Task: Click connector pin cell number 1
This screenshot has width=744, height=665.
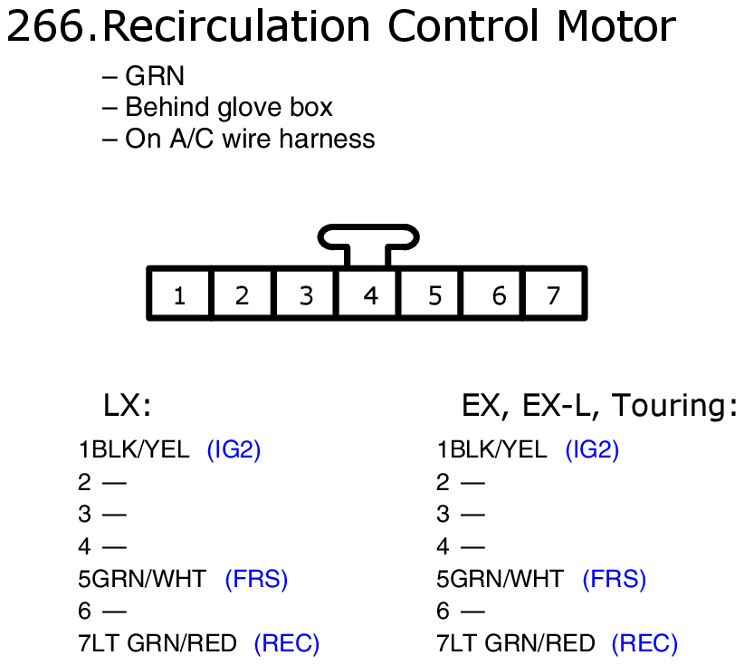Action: click(179, 294)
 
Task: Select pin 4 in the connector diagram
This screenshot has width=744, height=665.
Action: click(369, 294)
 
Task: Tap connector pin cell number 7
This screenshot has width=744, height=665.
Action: click(554, 294)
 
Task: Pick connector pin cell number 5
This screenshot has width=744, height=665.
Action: click(434, 294)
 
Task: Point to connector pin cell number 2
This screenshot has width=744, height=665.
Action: click(242, 294)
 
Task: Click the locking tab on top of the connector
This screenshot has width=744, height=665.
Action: click(367, 239)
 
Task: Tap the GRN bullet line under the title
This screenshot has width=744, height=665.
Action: click(144, 77)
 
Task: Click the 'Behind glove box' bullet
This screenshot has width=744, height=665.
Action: click(218, 108)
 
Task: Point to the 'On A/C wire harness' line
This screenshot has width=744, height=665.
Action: click(239, 139)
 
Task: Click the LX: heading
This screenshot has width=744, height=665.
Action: click(127, 405)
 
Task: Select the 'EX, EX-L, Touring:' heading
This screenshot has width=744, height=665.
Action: click(599, 405)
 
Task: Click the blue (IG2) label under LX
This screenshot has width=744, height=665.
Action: click(234, 449)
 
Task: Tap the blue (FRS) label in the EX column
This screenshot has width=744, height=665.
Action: click(614, 579)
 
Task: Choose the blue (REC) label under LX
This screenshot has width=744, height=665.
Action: click(286, 644)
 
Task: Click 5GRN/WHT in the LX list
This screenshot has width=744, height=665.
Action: click(142, 579)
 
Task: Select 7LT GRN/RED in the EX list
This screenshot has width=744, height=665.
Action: click(516, 644)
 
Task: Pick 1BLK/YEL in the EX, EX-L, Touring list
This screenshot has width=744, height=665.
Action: click(491, 449)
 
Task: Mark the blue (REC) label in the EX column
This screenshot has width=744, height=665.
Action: click(644, 644)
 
